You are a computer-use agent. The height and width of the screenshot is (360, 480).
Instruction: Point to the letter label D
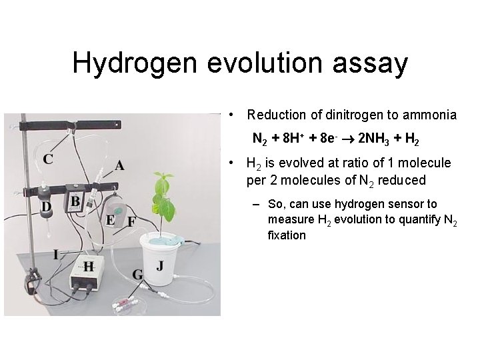pos(47,207)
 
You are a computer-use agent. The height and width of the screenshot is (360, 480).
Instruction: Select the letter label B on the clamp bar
pos(75,201)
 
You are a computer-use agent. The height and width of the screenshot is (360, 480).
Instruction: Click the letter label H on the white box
pos(88,266)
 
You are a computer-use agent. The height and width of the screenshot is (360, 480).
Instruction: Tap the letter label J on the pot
pos(160,265)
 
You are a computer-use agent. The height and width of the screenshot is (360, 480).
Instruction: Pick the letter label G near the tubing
pos(138,274)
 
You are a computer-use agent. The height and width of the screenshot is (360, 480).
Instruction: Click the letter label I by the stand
pos(57,254)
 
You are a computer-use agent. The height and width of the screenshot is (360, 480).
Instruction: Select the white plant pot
pos(163,260)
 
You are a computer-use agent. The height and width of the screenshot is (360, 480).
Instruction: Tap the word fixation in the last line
pos(287,235)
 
